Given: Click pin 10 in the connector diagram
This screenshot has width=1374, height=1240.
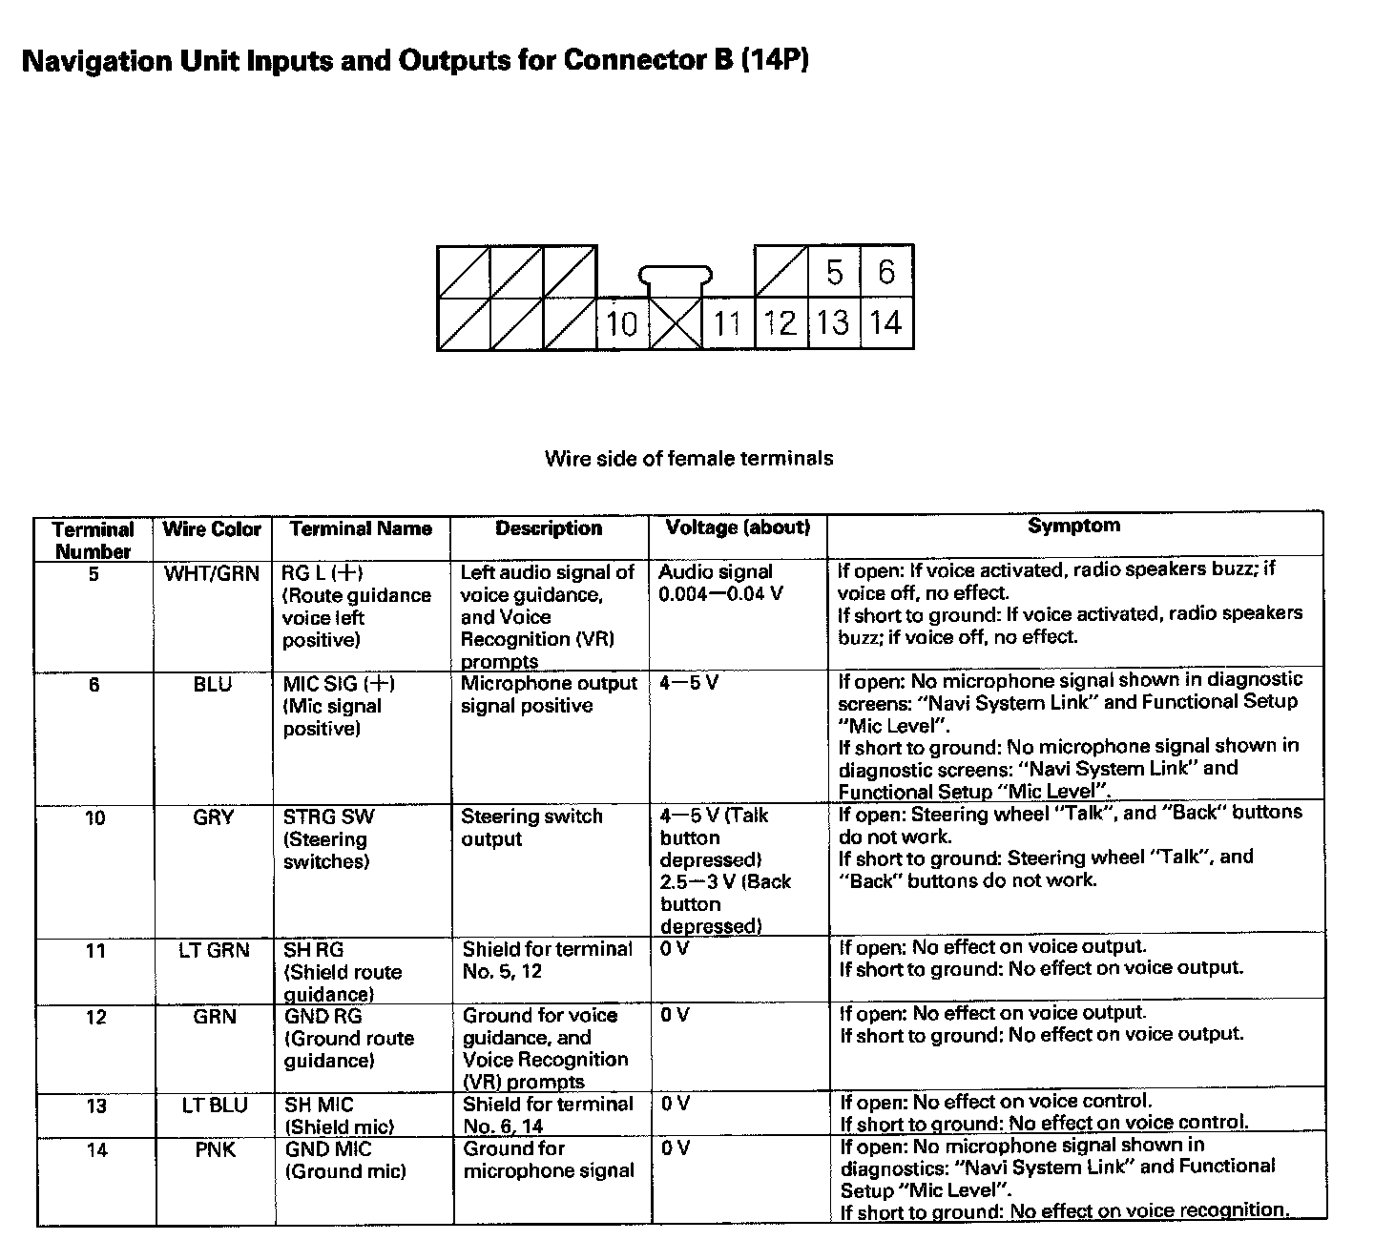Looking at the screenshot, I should pos(622,324).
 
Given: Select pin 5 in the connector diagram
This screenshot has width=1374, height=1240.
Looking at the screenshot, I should pos(835,273).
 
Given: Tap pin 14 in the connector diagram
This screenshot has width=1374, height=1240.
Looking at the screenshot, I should pos(886,323).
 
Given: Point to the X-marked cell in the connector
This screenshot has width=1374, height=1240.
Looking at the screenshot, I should pos(676,324).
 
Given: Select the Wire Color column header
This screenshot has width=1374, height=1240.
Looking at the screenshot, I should pos(212,529).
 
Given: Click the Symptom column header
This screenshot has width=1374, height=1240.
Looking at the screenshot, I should pos(1073,526).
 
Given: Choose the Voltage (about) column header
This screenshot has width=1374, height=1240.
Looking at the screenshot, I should pos(738,527).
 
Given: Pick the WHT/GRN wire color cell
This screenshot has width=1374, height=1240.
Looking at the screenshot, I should pos(212,574).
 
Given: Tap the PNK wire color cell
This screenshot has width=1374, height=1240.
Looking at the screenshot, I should pos(215,1150).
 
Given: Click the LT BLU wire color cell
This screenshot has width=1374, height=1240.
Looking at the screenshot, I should pos(214,1106).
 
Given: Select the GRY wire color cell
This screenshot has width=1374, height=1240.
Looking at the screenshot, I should pos(213,817).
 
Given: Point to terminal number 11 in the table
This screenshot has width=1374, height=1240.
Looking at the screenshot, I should pos(95,951).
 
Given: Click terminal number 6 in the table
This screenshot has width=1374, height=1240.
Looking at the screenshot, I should pos(94,685).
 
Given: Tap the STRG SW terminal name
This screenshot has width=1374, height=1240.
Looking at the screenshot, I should pos(329,817).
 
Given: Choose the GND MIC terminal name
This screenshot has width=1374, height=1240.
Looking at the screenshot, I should pos(328,1150).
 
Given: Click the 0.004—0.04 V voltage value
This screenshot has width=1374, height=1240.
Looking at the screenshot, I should pos(721,594).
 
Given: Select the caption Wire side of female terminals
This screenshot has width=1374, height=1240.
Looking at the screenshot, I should pos(688,459).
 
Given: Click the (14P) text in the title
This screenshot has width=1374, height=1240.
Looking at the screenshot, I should pos(774,61).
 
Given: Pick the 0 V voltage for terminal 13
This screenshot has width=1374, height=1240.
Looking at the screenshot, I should pos(675,1105).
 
